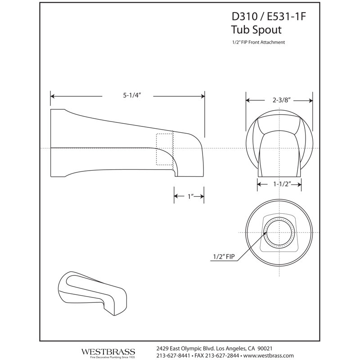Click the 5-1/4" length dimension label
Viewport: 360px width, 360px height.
[131, 95]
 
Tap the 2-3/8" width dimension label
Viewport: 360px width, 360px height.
[282, 100]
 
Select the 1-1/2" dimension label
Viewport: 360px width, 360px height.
[282, 184]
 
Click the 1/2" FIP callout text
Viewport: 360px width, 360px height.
[224, 256]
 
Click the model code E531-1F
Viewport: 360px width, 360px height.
[286, 17]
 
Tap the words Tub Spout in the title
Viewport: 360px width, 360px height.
[256, 30]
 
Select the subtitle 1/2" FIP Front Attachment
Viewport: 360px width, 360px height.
[258, 42]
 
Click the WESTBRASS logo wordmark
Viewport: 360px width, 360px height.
[108, 352]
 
